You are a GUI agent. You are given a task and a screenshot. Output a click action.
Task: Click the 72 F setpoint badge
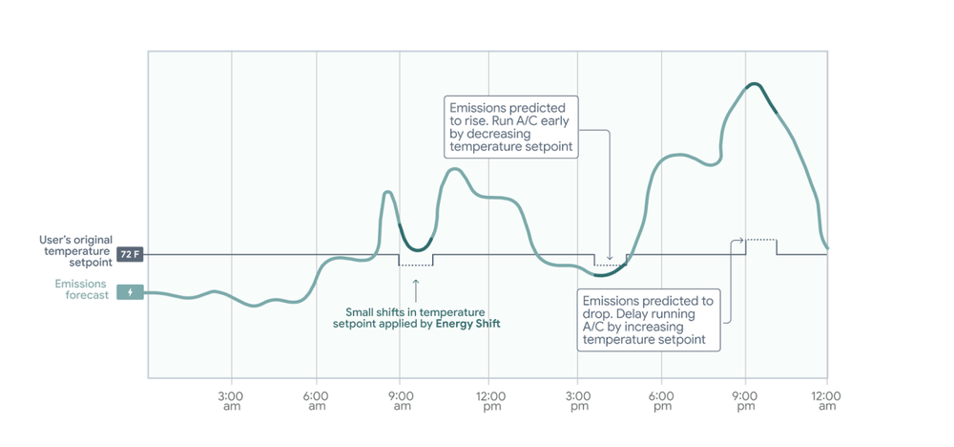click(x=130, y=255)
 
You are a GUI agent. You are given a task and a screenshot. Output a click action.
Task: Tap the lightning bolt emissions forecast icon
click(x=130, y=291)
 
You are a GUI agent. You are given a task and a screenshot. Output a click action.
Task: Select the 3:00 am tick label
click(x=231, y=400)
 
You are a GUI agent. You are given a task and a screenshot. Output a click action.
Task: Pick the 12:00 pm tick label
click(x=489, y=400)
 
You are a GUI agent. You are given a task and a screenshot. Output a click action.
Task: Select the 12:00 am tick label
click(x=826, y=400)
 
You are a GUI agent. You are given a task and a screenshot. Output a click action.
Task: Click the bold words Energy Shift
click(x=467, y=325)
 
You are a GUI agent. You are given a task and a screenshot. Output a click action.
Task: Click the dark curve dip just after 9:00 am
click(x=416, y=244)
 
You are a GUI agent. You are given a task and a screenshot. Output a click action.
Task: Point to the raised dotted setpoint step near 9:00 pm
click(x=760, y=239)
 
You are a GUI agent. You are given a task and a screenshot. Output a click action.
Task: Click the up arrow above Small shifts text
click(x=416, y=287)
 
